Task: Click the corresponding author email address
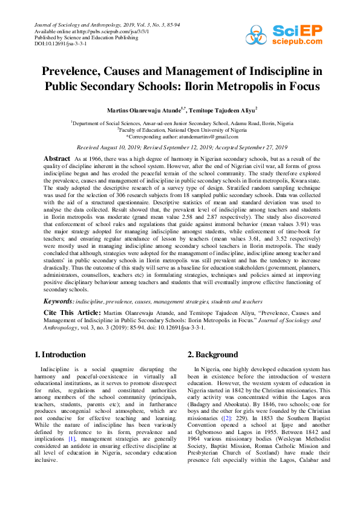tap(204, 137)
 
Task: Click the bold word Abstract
tap(57, 158)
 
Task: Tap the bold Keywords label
tap(59, 301)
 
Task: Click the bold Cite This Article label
tap(68, 313)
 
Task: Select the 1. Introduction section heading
tap(60, 354)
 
